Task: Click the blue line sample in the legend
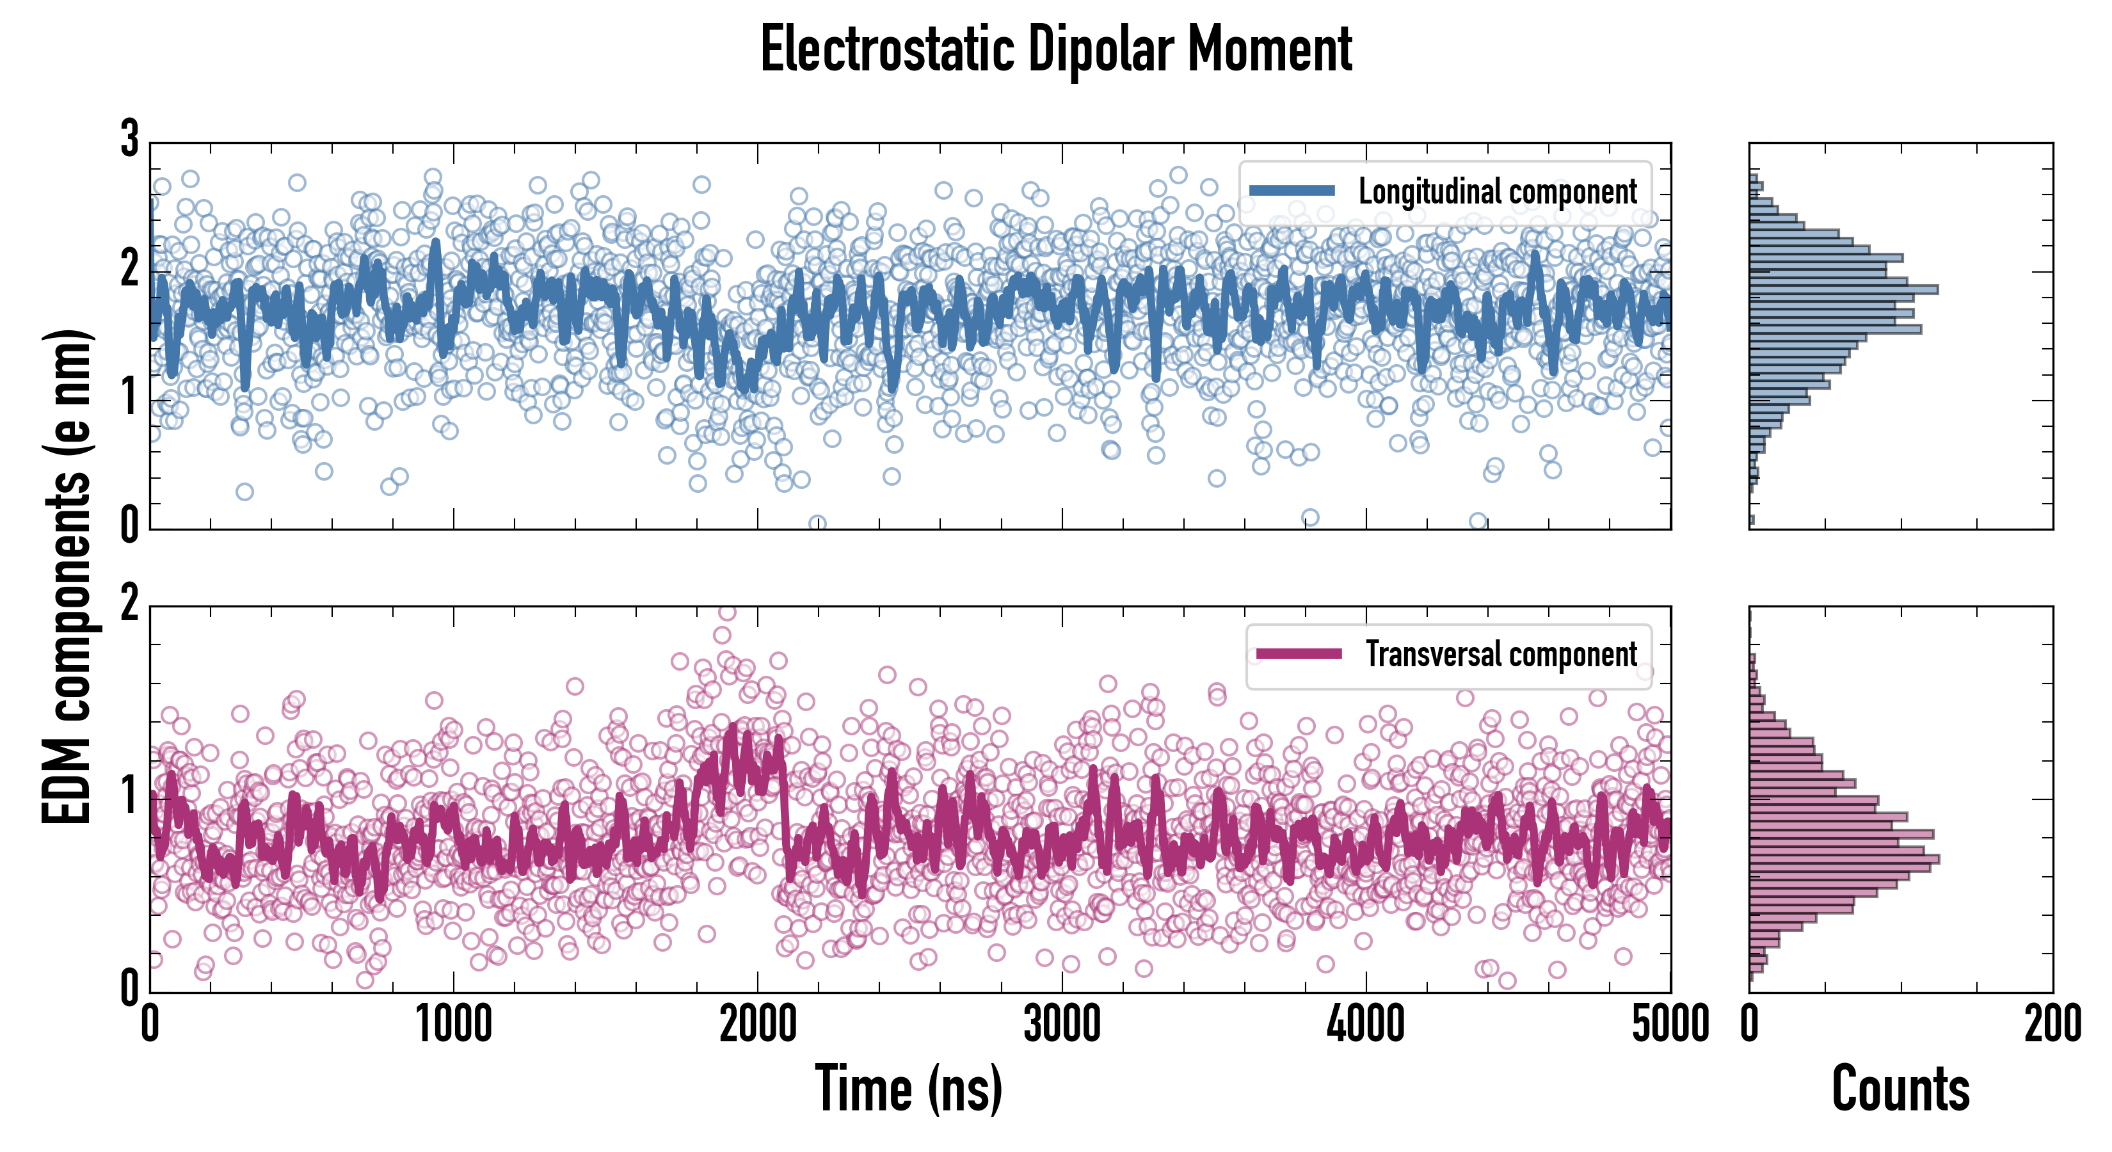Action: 1292,191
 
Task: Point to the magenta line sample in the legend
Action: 1299,654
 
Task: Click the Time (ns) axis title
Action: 908,1088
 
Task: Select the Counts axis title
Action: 1900,1088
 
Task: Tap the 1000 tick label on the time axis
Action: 453,1025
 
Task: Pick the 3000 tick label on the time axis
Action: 1062,1025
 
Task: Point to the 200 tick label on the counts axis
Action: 2052,1025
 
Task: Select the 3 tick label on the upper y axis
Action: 129,140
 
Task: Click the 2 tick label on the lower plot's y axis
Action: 129,605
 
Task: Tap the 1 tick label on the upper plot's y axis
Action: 129,399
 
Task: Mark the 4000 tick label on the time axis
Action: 1366,1025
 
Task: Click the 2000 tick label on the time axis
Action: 758,1025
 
